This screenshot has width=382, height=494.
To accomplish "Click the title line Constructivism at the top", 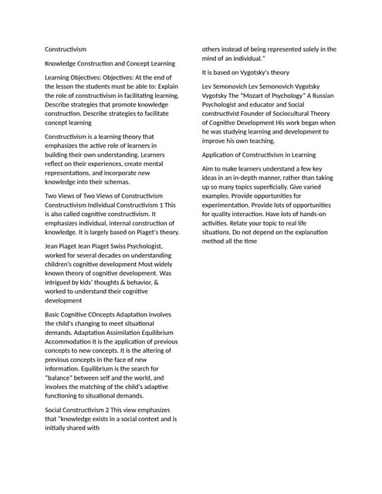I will point(66,49).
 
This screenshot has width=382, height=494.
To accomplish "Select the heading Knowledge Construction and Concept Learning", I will point(110,63).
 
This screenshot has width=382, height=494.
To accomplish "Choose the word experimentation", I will point(232,205).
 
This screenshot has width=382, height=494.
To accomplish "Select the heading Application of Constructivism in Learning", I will point(259,154).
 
